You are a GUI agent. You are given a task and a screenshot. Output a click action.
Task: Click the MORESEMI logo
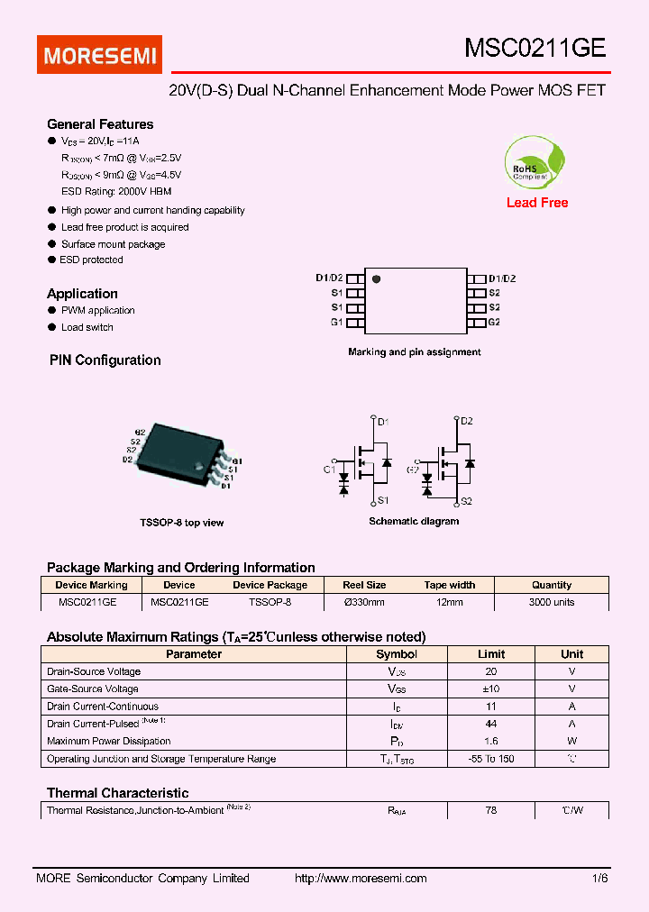pyautogui.click(x=100, y=55)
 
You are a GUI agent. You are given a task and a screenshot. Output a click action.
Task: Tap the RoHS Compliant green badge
pyautogui.click(x=536, y=163)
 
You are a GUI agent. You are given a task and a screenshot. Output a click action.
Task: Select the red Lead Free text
pyautogui.click(x=537, y=203)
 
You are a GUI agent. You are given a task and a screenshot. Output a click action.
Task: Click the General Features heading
pyautogui.click(x=100, y=124)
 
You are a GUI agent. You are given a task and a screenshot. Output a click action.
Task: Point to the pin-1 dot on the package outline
pyautogui.click(x=377, y=279)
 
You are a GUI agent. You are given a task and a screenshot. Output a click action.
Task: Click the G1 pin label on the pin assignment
pyautogui.click(x=336, y=322)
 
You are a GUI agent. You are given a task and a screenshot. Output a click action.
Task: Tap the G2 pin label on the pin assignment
pyautogui.click(x=494, y=322)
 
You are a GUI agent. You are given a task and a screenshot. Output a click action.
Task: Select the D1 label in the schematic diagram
pyautogui.click(x=382, y=421)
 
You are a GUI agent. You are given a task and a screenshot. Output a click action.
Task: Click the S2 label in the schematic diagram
pyautogui.click(x=466, y=501)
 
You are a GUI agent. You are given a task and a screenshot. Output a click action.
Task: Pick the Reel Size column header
pyautogui.click(x=364, y=585)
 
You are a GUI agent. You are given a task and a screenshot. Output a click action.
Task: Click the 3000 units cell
pyautogui.click(x=552, y=602)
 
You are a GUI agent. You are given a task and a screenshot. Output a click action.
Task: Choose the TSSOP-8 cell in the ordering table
pyautogui.click(x=270, y=602)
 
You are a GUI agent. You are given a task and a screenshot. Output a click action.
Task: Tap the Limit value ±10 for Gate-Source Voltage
pyautogui.click(x=491, y=689)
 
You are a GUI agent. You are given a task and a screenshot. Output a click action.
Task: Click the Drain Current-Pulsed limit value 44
pyautogui.click(x=491, y=724)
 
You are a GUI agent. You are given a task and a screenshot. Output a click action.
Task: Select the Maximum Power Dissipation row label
pyautogui.click(x=109, y=742)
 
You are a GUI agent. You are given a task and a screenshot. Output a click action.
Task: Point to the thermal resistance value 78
pyautogui.click(x=491, y=810)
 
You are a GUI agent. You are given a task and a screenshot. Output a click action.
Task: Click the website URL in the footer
pyautogui.click(x=361, y=879)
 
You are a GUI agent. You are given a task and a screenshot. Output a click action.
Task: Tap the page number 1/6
pyautogui.click(x=600, y=879)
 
